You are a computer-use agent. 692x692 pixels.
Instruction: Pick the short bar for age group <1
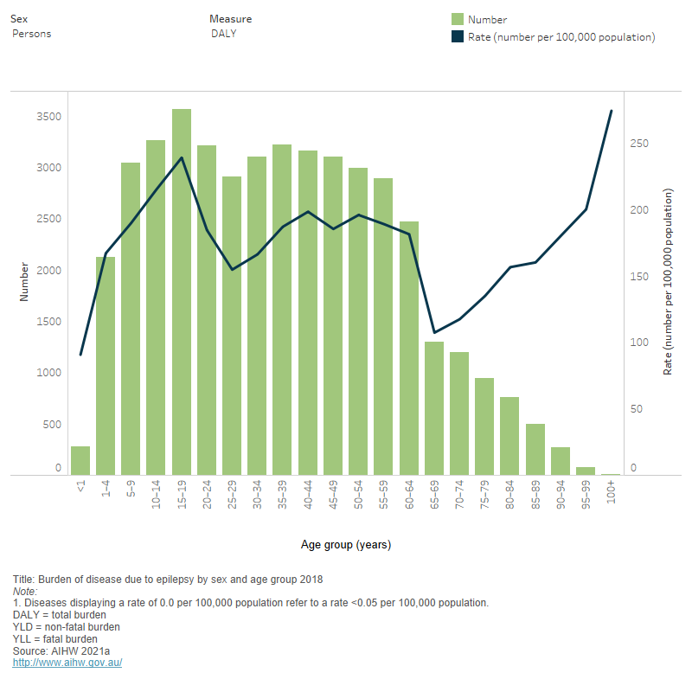pyautogui.click(x=80, y=461)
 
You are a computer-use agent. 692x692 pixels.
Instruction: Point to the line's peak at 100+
pyautogui.click(x=612, y=111)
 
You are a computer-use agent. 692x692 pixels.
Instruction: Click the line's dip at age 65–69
pyautogui.click(x=434, y=332)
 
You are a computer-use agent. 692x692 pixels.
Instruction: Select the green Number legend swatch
pyautogui.click(x=458, y=19)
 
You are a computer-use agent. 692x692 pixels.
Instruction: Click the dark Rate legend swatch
pyautogui.click(x=458, y=37)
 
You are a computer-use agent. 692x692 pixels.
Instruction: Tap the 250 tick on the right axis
pyautogui.click(x=638, y=144)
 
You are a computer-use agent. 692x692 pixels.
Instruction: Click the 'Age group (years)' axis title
pyautogui.click(x=346, y=545)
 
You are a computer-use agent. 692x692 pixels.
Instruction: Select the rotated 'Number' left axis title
pyautogui.click(x=24, y=281)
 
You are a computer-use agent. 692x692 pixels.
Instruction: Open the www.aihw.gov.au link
pyautogui.click(x=67, y=663)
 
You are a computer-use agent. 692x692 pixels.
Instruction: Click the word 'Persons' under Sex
pyautogui.click(x=32, y=34)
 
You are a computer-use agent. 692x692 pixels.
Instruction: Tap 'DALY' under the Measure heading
pyautogui.click(x=224, y=34)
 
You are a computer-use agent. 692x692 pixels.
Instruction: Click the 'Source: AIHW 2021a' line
pyautogui.click(x=61, y=651)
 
